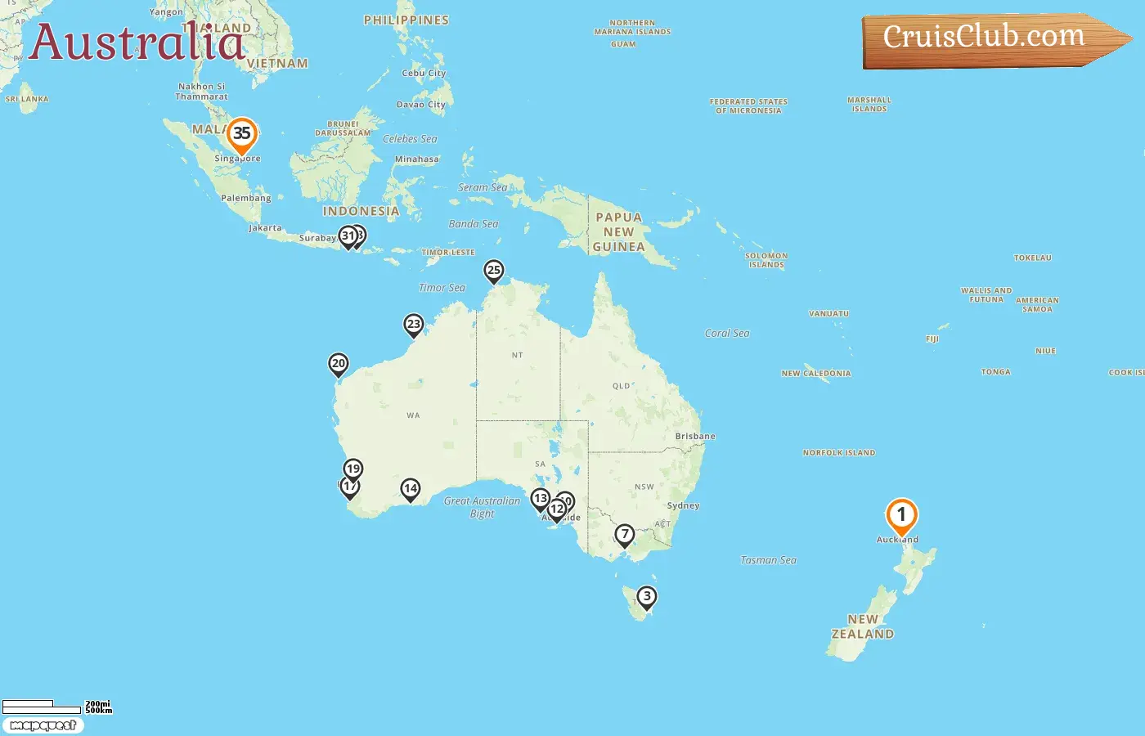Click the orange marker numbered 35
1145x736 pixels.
[241, 134]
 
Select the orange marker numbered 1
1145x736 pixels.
[901, 516]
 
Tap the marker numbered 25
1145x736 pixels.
[493, 271]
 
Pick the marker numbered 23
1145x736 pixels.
[414, 325]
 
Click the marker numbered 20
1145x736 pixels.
[339, 364]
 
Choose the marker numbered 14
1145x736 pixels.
[411, 489]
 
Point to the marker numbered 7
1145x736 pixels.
[625, 535]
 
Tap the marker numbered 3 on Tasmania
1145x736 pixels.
[647, 597]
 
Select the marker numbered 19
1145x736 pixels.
[353, 469]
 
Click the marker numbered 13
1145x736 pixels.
[540, 498]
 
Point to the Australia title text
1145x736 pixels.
[137, 43]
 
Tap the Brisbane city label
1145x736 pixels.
[695, 437]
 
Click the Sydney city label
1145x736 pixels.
[683, 506]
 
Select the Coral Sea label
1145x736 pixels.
[727, 334]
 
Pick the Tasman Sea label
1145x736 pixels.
[768, 560]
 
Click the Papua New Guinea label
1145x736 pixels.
[619, 232]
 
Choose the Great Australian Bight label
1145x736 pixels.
[482, 507]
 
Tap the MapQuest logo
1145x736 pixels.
[43, 725]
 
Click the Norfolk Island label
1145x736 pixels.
[839, 453]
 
